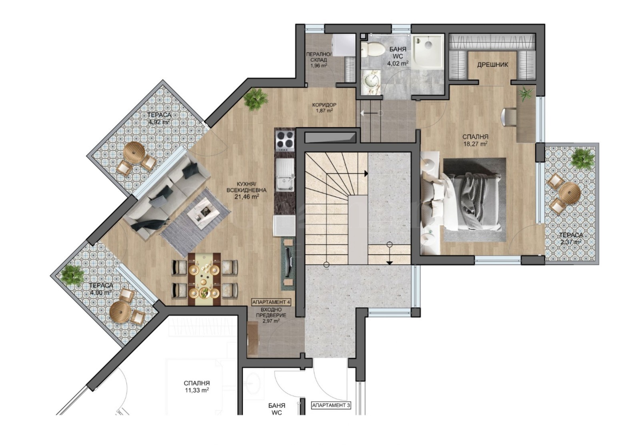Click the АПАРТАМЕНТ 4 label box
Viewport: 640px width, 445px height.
(271, 302)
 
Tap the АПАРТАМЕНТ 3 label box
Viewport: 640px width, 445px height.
(331, 405)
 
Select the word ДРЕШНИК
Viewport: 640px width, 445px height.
(492, 65)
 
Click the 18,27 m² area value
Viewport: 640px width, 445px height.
(475, 144)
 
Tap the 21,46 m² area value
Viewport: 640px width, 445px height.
(247, 196)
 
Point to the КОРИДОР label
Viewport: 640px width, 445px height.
(324, 104)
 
